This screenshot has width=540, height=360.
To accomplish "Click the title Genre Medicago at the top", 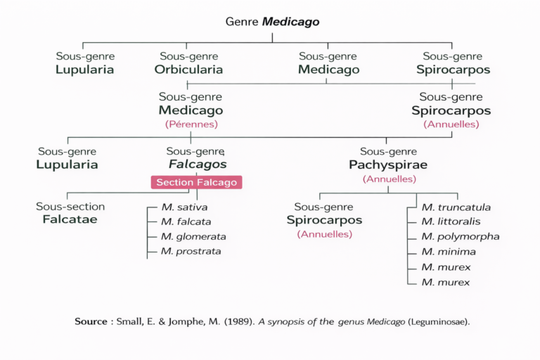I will point(272,22).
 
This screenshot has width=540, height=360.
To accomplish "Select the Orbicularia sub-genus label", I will point(188,70).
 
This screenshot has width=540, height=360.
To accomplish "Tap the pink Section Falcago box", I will point(196,182).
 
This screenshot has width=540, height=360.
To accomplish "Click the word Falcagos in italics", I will point(198,165).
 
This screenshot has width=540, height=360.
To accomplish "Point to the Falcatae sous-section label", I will point(67,219).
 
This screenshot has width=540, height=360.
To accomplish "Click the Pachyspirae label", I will point(388,165).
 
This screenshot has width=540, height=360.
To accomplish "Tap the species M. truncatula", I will point(456,207).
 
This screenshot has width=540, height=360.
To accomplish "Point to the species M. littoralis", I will point(451,221).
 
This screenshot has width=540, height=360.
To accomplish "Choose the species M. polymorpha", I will point(460,236).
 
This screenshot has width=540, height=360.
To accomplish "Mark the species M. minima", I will point(448,251).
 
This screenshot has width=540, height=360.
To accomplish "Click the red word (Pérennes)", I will point(191,124).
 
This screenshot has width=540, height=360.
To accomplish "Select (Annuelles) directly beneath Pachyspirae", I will point(389,179).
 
